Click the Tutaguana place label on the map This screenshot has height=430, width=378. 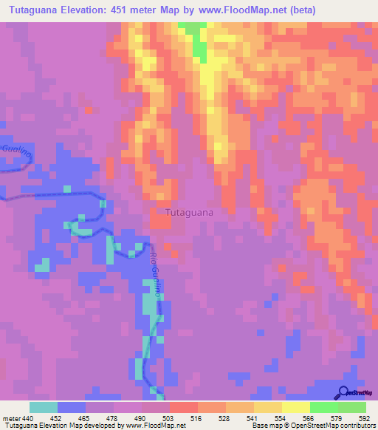(190, 213)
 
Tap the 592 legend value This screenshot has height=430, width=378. (363, 417)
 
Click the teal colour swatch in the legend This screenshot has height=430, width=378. (44, 407)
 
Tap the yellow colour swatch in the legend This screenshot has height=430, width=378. (295, 407)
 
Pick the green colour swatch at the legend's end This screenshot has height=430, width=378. (351, 407)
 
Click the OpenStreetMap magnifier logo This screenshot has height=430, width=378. (345, 392)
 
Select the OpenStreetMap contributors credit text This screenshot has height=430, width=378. (336, 426)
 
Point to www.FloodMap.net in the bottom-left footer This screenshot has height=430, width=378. (154, 426)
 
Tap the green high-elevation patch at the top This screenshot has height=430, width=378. (198, 41)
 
